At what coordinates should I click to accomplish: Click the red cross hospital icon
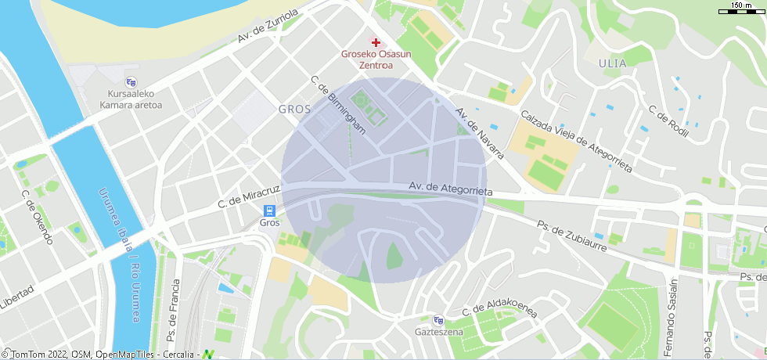click(376, 42)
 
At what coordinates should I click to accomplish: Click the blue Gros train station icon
click(269, 211)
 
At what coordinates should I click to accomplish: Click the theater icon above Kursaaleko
click(131, 81)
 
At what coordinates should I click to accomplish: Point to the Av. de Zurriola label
click(268, 26)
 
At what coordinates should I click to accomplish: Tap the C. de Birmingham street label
click(338, 105)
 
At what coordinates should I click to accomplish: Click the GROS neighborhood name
click(295, 110)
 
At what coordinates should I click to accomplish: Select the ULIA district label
click(613, 63)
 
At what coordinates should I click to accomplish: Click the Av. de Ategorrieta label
click(450, 189)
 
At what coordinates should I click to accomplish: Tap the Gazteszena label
click(438, 331)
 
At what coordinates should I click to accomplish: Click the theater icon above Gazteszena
click(438, 319)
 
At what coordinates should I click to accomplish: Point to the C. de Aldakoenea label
click(499, 311)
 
